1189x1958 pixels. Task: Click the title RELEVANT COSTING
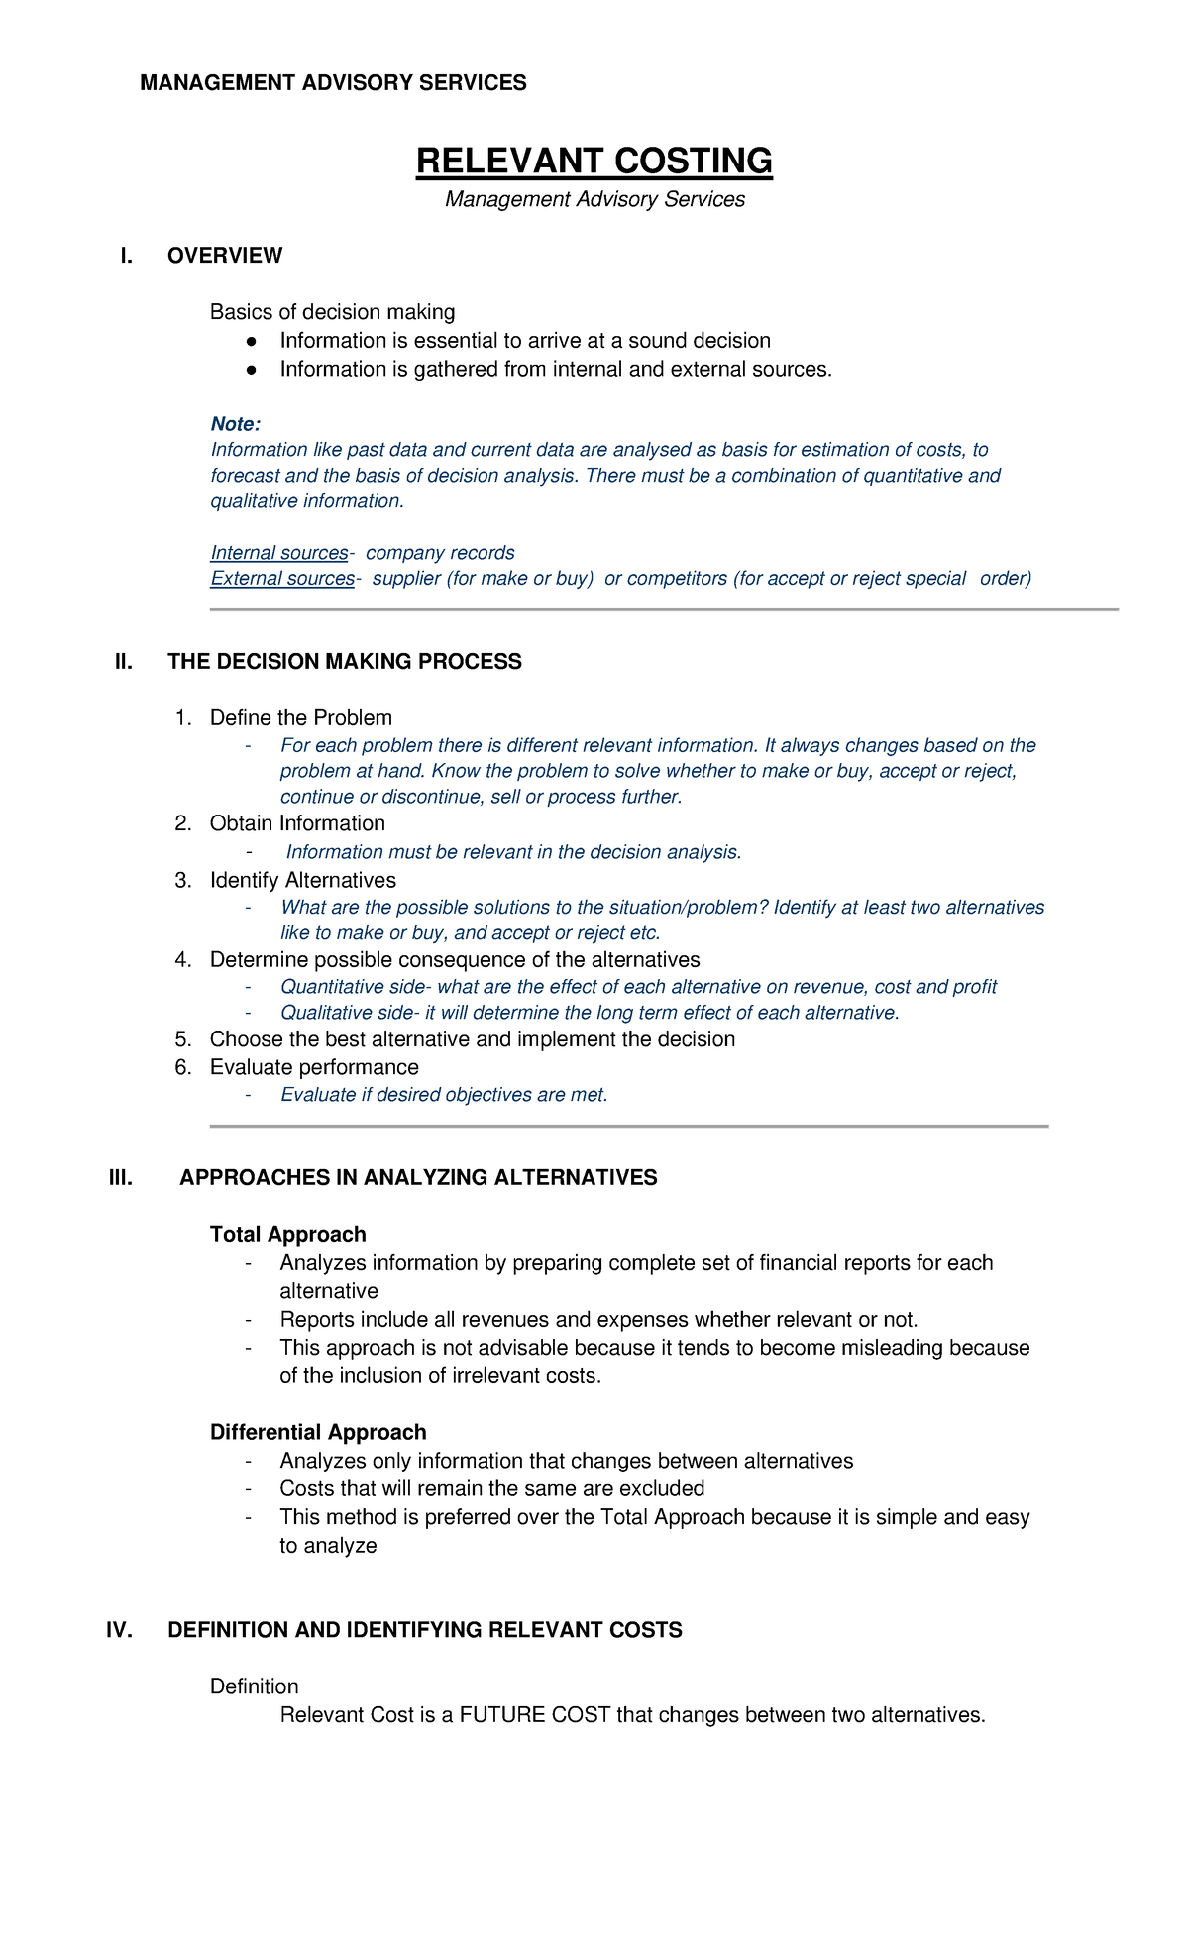tap(594, 162)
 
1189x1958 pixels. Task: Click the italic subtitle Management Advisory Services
tap(594, 199)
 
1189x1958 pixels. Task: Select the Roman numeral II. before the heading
tap(124, 662)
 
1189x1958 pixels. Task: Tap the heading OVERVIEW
tap(225, 256)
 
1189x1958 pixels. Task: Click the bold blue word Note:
tap(236, 424)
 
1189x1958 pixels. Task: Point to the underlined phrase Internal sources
tap(279, 553)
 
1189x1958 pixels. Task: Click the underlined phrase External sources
tap(282, 579)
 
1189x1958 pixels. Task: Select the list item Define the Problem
tap(300, 718)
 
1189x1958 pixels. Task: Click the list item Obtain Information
tap(297, 823)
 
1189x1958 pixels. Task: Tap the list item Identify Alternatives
tap(302, 881)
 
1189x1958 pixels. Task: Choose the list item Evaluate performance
tap(314, 1067)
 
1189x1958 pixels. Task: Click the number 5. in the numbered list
tap(182, 1039)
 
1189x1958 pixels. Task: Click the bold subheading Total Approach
tap(287, 1235)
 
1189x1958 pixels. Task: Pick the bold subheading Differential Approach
tap(318, 1433)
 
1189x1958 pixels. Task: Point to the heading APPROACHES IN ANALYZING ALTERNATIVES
tap(418, 1178)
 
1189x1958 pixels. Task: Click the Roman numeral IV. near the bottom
tap(119, 1631)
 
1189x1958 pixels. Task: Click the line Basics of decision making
tap(332, 312)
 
